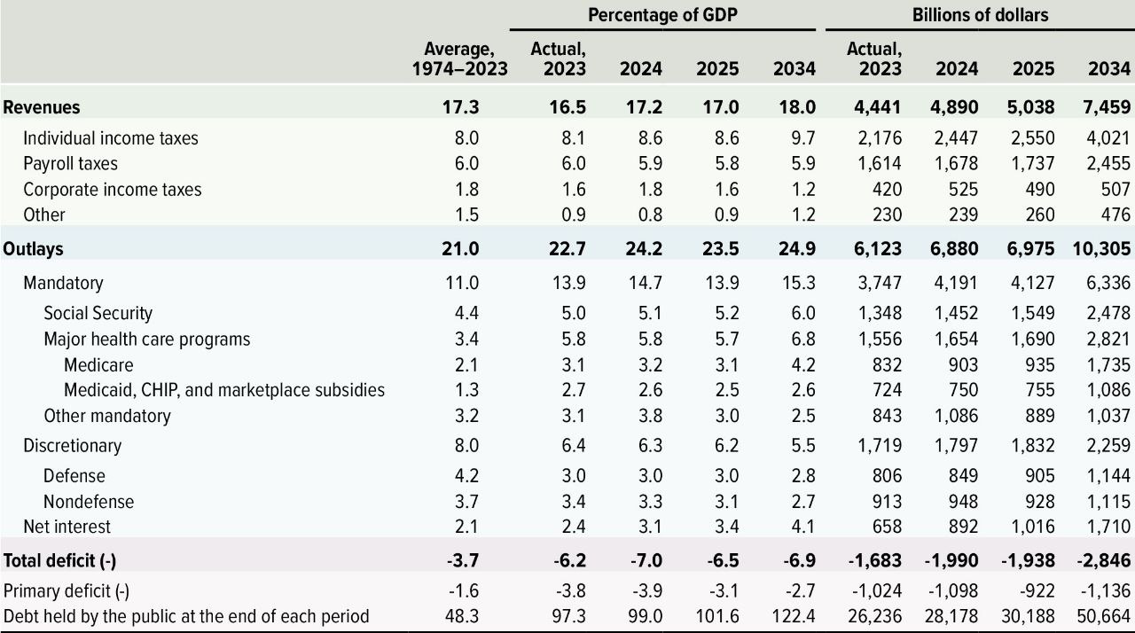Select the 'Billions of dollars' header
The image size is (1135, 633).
point(980,15)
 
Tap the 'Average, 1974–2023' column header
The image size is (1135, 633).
point(459,59)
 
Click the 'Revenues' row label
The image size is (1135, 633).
point(42,107)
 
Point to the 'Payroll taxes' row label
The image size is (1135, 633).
point(70,164)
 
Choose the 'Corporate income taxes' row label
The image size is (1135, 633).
point(113,190)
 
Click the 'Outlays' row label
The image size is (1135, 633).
point(34,249)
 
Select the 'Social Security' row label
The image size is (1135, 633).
point(98,313)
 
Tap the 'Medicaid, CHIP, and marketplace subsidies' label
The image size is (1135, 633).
point(224,390)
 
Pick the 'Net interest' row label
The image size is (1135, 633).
point(67,527)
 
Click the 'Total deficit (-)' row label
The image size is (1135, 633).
point(60,560)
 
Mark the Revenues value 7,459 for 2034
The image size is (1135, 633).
point(1106,107)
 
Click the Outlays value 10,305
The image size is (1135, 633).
point(1101,249)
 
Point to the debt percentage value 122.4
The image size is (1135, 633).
point(794,617)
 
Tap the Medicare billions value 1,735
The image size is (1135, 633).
point(1108,364)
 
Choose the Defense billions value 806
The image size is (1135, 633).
point(884,476)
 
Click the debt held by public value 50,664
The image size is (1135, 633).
point(1102,617)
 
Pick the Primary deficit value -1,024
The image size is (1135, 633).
point(877,591)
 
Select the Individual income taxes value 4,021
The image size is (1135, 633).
point(1108,138)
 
